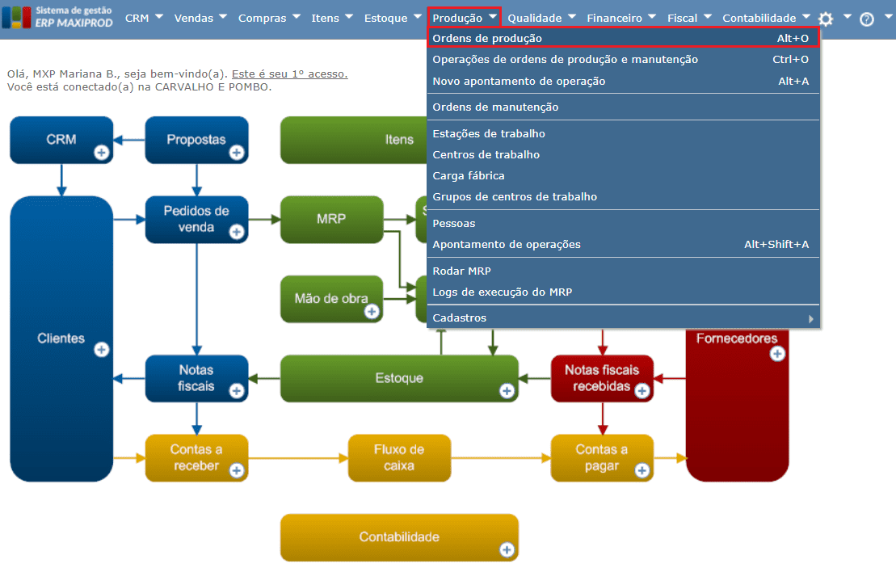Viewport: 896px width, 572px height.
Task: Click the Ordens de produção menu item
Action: (x=487, y=38)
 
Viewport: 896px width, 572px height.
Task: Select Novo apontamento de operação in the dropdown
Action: (x=519, y=81)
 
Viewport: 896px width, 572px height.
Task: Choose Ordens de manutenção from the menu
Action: (x=495, y=107)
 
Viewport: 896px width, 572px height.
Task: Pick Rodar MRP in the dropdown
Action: (x=461, y=271)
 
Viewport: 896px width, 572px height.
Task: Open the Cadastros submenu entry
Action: (x=460, y=318)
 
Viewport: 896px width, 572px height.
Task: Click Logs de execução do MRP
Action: (x=502, y=292)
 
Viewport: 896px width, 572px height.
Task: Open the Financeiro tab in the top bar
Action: (x=614, y=18)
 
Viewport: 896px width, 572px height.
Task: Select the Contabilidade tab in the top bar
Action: (x=759, y=18)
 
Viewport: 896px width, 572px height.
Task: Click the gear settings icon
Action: (x=825, y=19)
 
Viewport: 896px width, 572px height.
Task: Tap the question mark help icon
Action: (x=867, y=19)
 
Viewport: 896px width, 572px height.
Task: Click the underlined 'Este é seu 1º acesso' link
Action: (x=289, y=74)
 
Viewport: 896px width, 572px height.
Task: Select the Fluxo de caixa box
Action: (x=399, y=457)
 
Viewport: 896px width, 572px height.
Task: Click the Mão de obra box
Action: (x=331, y=299)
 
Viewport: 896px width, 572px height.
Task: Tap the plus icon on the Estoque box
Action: (x=507, y=391)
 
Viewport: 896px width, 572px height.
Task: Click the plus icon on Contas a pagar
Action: (x=642, y=470)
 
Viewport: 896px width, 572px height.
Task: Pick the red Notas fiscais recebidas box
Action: (x=601, y=377)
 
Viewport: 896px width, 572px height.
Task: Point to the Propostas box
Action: (x=196, y=139)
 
